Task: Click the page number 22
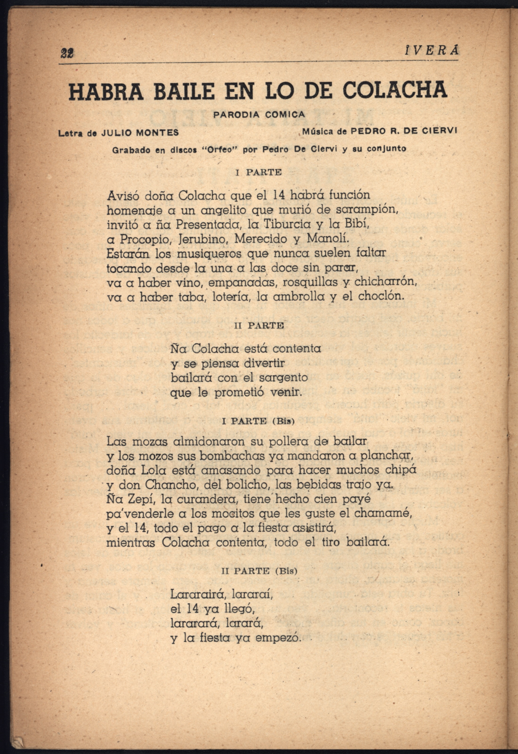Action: (x=67, y=53)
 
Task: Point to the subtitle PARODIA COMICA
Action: (x=259, y=115)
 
